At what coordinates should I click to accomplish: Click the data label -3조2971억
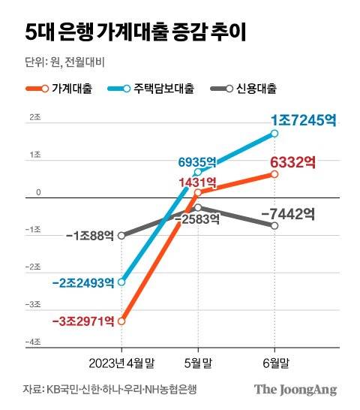tap(83, 321)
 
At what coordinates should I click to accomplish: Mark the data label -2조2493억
tap(83, 282)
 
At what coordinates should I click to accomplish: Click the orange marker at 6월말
tap(274, 174)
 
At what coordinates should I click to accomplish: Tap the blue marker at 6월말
tap(274, 134)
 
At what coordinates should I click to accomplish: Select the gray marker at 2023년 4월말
tap(121, 235)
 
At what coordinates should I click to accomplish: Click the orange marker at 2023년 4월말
tap(121, 321)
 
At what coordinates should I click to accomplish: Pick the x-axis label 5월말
tap(198, 363)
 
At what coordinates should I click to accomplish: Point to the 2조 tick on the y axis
tap(34, 119)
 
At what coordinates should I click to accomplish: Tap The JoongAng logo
tap(295, 389)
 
